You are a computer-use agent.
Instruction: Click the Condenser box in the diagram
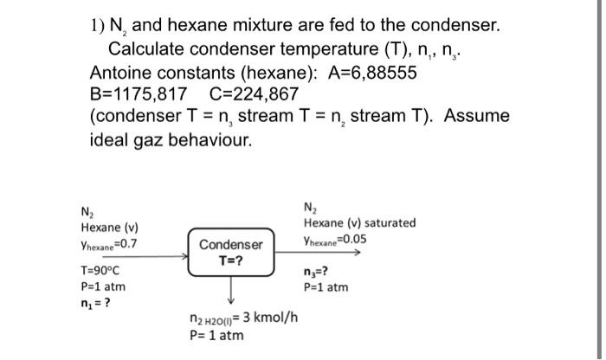click(x=231, y=253)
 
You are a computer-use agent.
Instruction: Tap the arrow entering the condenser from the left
click(x=156, y=256)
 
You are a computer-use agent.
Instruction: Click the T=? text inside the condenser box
click(x=231, y=260)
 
